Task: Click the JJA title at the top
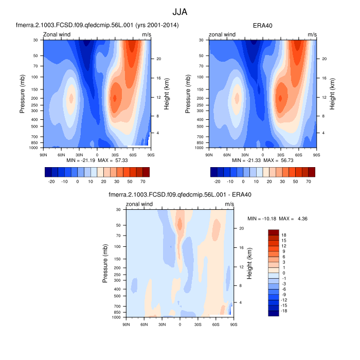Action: pyautogui.click(x=179, y=11)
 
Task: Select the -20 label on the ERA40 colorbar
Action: pyautogui.click(x=217, y=182)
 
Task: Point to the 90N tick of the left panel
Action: pyautogui.click(x=43, y=154)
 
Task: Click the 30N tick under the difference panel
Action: pyautogui.click(x=162, y=324)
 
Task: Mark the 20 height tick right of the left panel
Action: pyautogui.click(x=159, y=59)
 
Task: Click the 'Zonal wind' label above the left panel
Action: pyautogui.click(x=57, y=35)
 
